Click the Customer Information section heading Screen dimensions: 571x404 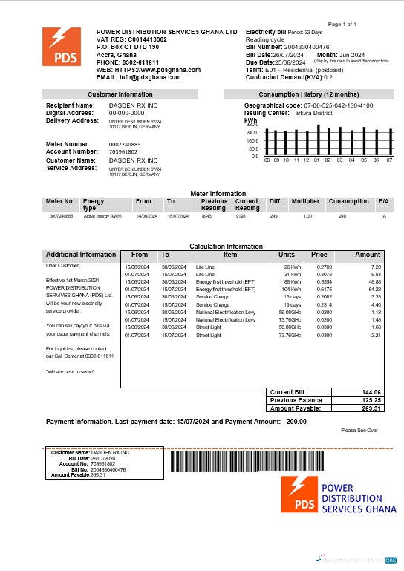(x=120, y=94)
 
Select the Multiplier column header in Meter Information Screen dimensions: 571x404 (x=304, y=201)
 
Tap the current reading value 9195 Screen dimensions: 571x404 (x=241, y=216)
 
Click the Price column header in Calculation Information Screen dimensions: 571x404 (x=319, y=255)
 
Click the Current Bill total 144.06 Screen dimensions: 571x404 (x=371, y=392)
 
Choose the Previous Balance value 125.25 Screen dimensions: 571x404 (x=371, y=400)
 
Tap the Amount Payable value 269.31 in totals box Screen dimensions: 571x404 (x=371, y=408)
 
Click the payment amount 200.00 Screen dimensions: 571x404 (x=297, y=422)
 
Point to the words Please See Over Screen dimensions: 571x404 (x=359, y=431)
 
